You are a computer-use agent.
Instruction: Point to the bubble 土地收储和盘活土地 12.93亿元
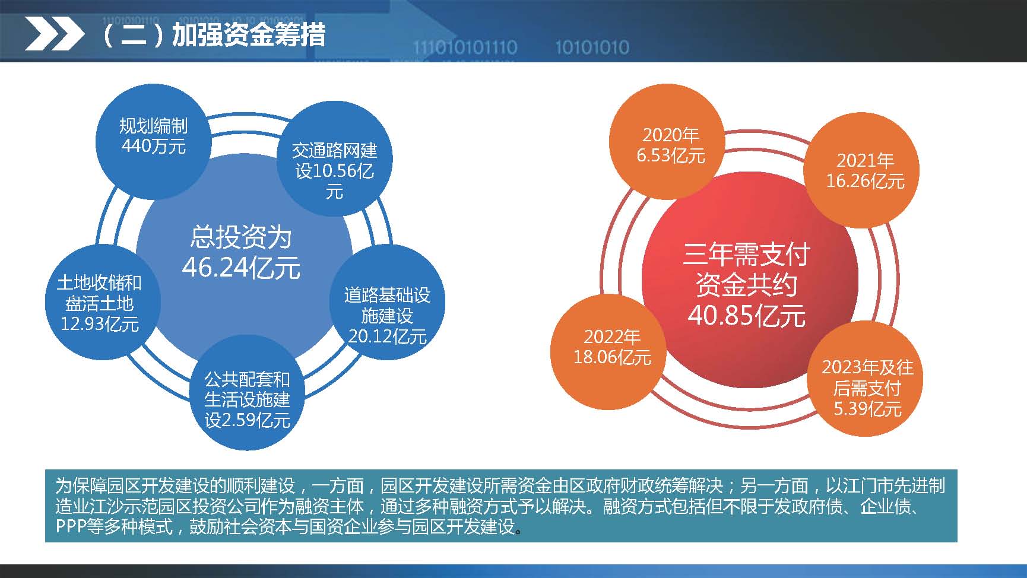[100, 303]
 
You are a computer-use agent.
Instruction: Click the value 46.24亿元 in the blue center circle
[241, 268]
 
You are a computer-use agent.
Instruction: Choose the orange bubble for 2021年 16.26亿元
[865, 171]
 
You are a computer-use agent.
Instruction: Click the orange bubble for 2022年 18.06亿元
[612, 347]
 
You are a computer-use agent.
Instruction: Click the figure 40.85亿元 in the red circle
[746, 316]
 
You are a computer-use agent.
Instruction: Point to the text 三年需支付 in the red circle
[746, 255]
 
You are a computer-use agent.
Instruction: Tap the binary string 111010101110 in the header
[465, 47]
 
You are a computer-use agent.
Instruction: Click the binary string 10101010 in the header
[592, 47]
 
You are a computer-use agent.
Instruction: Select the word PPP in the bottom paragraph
[71, 527]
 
